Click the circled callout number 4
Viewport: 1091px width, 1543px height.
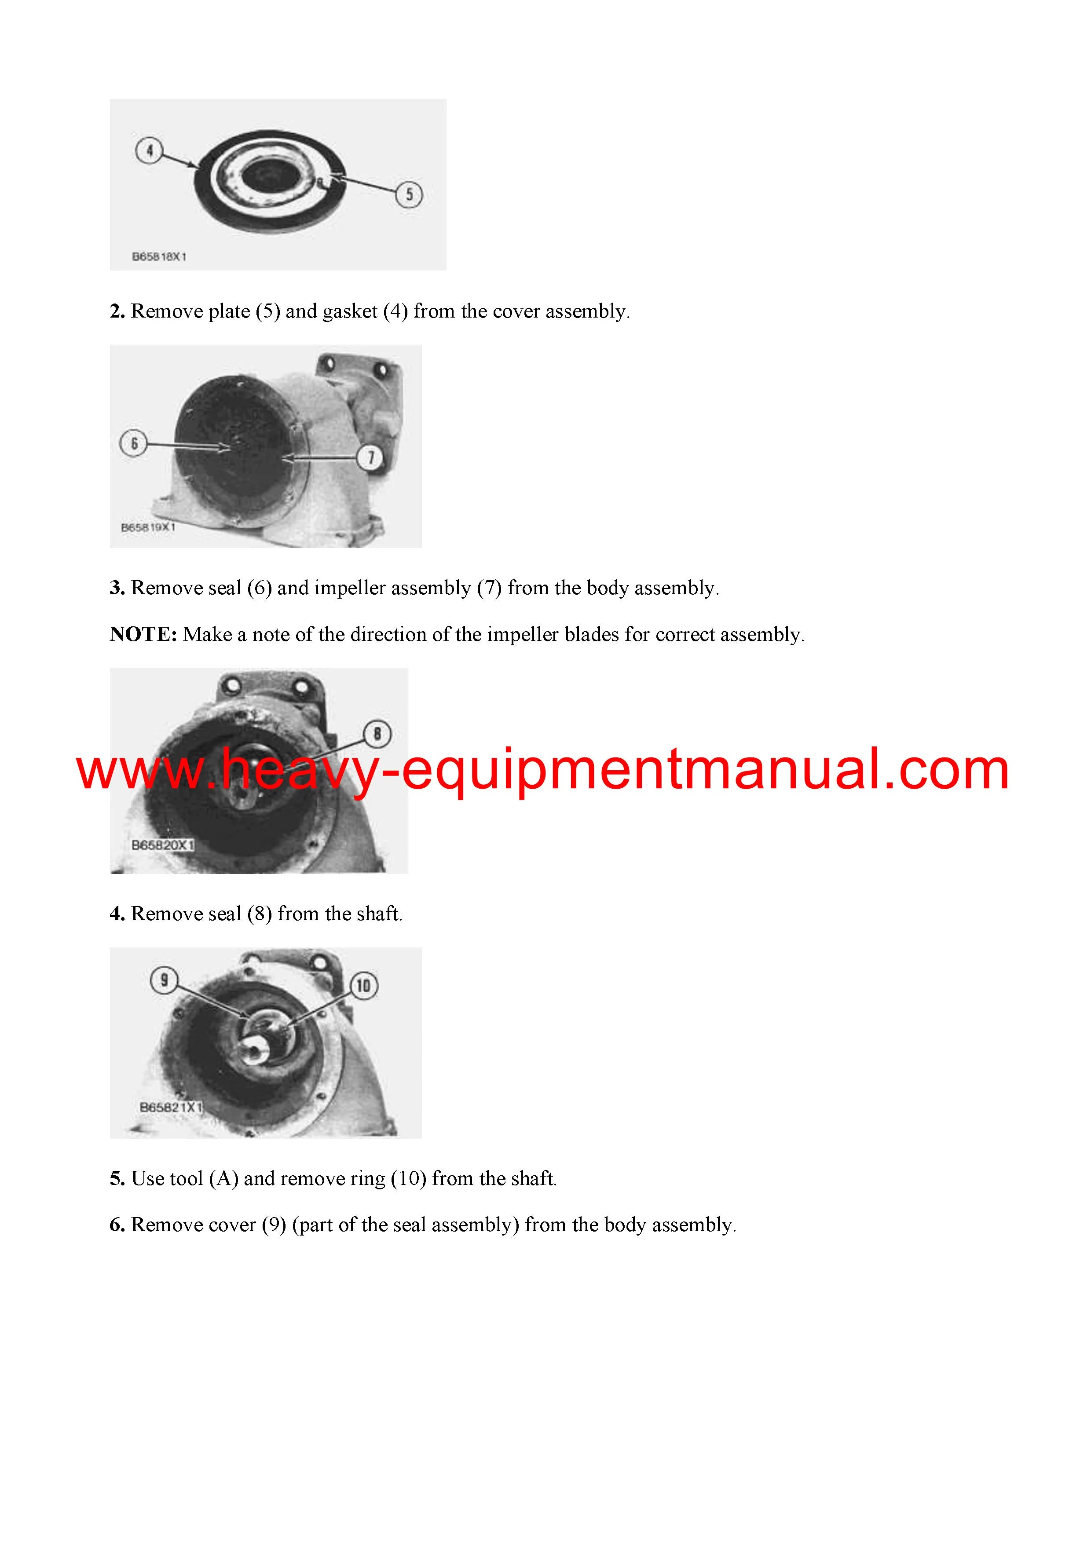point(149,150)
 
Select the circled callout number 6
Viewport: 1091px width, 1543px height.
point(134,443)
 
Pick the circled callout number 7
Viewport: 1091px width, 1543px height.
point(370,457)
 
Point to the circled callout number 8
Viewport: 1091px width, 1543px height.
point(377,734)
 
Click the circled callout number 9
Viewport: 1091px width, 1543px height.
point(165,980)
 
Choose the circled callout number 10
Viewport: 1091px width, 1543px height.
point(364,986)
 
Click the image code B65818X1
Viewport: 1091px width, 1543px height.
point(159,257)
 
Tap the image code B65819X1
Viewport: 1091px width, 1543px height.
point(148,527)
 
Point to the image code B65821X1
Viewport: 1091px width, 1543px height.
point(171,1107)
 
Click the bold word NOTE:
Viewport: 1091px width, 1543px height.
point(143,634)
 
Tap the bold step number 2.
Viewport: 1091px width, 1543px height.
point(117,311)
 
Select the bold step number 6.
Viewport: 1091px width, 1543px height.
point(117,1225)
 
